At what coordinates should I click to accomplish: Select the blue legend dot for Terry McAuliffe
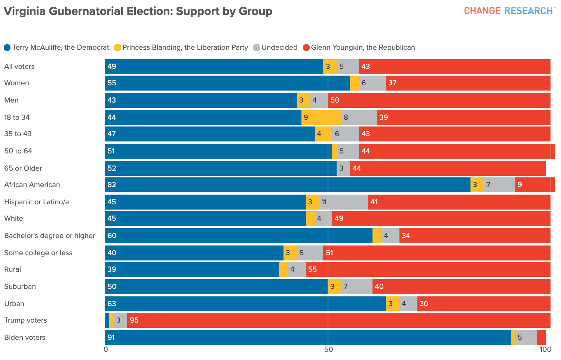(x=7, y=48)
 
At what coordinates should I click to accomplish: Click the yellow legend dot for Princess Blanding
(x=117, y=48)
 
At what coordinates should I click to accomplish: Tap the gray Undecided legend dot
(x=257, y=48)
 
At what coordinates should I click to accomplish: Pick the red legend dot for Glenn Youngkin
(x=306, y=48)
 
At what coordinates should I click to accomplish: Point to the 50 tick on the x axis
(x=328, y=350)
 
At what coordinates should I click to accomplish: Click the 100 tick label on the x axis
(x=545, y=350)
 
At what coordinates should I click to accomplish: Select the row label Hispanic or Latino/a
(x=37, y=202)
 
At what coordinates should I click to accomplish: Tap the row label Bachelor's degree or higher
(x=50, y=236)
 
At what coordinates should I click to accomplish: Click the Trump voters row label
(x=25, y=320)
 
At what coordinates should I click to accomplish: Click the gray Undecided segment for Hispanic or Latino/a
(x=343, y=202)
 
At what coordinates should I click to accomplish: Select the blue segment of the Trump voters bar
(x=107, y=320)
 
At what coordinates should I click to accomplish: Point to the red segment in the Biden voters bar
(x=542, y=338)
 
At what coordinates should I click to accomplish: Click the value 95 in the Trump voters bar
(x=134, y=320)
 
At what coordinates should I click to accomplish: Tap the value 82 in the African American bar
(x=112, y=185)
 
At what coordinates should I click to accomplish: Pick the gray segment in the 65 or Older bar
(x=343, y=168)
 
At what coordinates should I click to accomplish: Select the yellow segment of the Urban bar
(x=393, y=304)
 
